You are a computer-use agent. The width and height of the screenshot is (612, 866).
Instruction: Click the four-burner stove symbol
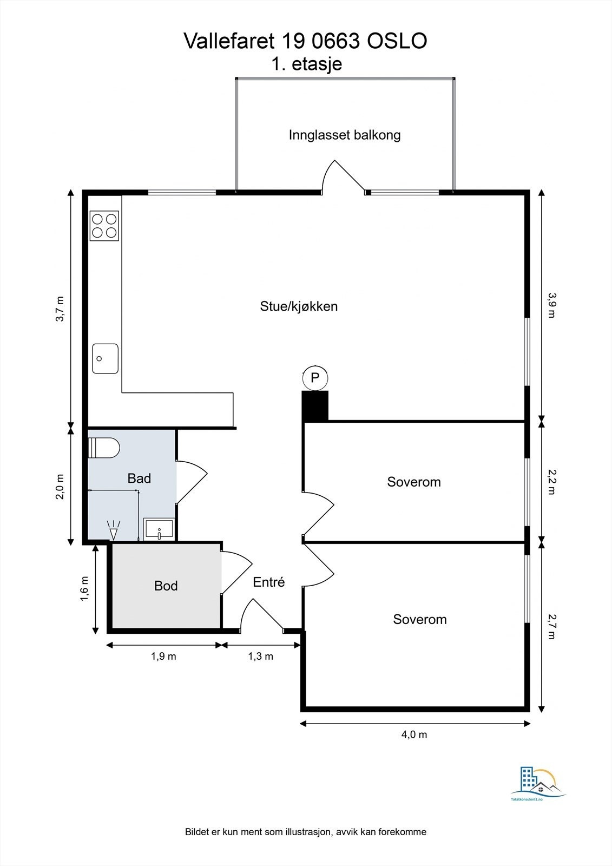click(x=104, y=226)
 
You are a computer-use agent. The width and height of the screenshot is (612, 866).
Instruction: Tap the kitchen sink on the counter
click(x=105, y=358)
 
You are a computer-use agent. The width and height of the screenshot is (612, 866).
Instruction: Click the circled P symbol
click(x=315, y=377)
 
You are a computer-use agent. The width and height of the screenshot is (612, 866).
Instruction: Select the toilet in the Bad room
click(x=105, y=448)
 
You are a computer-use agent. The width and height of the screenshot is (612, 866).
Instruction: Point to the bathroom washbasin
click(x=159, y=529)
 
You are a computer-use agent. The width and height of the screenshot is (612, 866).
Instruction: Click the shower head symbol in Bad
click(x=114, y=530)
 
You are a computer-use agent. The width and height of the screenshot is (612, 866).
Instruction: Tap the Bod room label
click(x=166, y=586)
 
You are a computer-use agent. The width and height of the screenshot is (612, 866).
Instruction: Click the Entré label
click(x=269, y=582)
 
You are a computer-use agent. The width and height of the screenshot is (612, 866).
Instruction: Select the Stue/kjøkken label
click(x=299, y=306)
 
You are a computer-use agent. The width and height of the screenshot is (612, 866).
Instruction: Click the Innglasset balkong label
click(x=345, y=135)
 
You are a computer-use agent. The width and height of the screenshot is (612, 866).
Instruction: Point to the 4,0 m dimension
click(x=414, y=734)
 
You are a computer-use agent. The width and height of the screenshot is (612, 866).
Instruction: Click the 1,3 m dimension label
click(x=261, y=657)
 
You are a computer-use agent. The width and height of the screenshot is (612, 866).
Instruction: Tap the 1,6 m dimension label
click(x=84, y=588)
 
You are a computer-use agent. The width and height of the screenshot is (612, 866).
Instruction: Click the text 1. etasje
click(x=306, y=64)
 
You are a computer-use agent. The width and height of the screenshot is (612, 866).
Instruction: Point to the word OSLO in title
click(x=398, y=41)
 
